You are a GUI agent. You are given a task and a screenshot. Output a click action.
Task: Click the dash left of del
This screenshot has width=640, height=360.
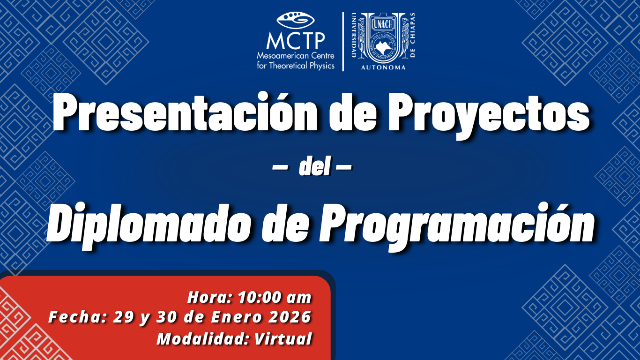coord(280,167)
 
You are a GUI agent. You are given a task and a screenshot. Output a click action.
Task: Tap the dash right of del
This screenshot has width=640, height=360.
coord(344,167)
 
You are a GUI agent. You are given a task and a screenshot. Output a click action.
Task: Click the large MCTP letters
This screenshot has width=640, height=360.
coord(296,41)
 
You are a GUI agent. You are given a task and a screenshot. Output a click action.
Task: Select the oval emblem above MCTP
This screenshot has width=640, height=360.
coord(296,20)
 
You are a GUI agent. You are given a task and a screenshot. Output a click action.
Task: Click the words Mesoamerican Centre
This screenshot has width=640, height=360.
coord(296,55)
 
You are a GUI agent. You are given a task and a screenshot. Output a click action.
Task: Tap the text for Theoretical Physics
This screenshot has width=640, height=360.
coord(296,66)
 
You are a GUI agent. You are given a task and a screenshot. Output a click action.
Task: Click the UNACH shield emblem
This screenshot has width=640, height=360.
coord(383,38)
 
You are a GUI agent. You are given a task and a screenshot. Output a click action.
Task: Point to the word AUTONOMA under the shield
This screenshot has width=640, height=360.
coord(383,67)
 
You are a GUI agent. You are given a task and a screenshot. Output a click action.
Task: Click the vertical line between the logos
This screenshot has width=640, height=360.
coord(343,41)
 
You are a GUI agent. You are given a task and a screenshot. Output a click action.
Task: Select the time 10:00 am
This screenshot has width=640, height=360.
coord(275,297)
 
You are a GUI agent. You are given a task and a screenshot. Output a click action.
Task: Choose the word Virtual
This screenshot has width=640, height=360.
coord(283,339)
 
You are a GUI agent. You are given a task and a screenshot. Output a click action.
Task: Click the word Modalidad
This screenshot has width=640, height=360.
coord(203,339)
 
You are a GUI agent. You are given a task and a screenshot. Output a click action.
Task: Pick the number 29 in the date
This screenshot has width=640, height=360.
coord(123,317)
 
